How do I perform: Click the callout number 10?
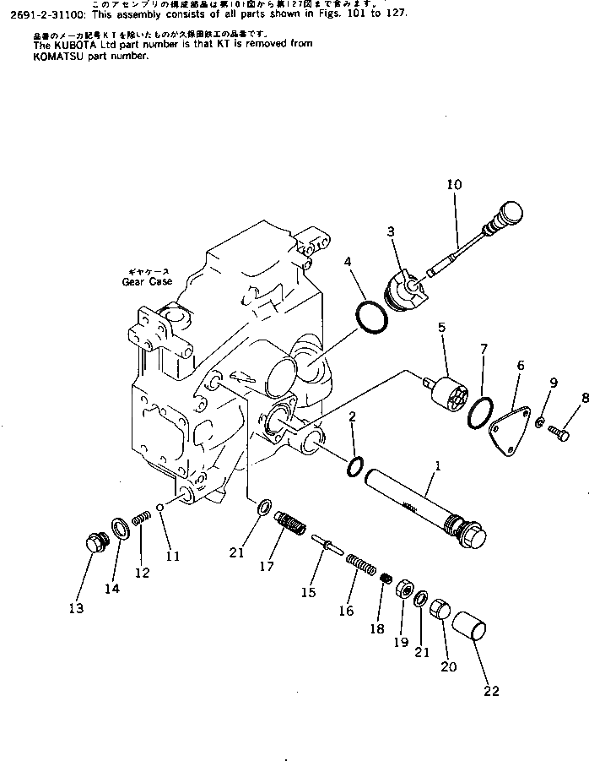(x=454, y=183)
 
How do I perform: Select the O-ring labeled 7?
(x=480, y=408)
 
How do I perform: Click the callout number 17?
(x=267, y=567)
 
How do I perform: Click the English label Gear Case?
(x=146, y=281)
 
